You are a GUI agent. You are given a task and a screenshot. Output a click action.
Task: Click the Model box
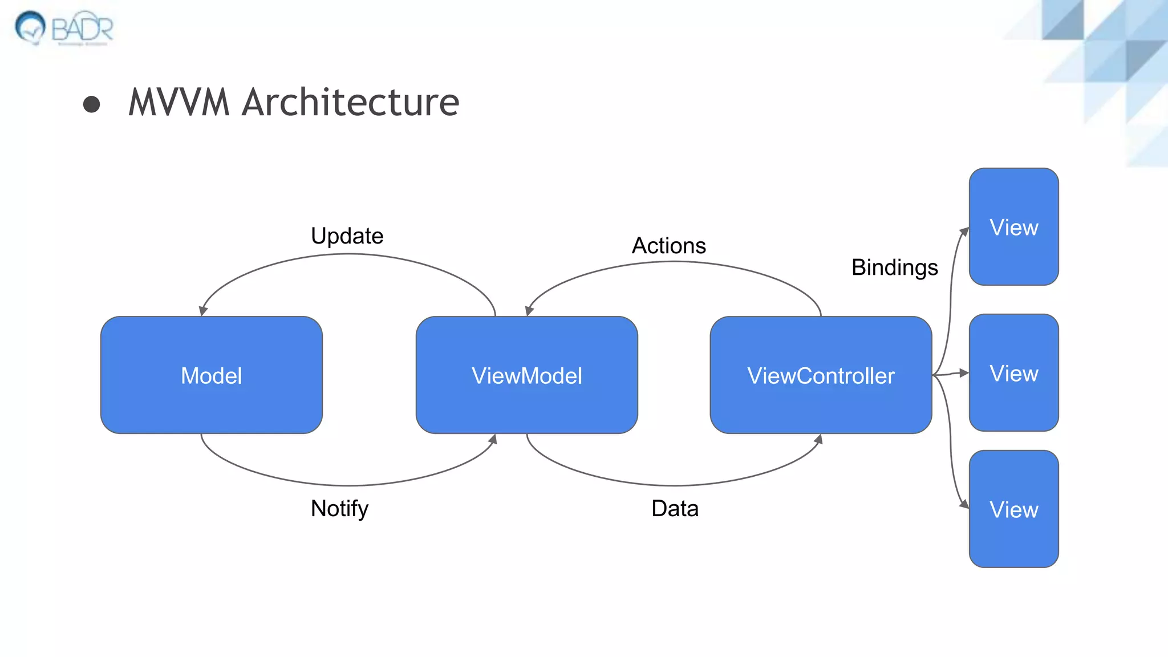(x=211, y=375)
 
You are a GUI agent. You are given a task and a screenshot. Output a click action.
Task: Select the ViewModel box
(x=526, y=375)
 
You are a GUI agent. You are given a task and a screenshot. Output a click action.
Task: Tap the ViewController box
(x=821, y=375)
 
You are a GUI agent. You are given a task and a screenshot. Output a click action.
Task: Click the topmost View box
(x=1013, y=227)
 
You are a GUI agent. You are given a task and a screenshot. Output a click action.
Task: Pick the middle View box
(x=1013, y=373)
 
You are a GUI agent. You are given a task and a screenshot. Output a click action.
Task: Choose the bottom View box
(x=1013, y=509)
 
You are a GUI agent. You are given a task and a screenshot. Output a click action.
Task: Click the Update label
(x=347, y=236)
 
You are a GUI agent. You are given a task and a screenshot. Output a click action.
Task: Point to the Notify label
(x=339, y=508)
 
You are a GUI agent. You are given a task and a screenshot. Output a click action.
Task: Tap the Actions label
(x=668, y=246)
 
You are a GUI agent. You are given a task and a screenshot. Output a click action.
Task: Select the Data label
(x=675, y=508)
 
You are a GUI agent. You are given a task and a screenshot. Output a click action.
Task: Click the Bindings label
(x=894, y=267)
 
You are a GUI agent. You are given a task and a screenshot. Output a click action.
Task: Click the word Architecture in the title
(x=350, y=103)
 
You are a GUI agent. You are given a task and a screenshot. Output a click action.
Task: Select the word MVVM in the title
(x=179, y=103)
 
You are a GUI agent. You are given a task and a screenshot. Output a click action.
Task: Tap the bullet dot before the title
(x=91, y=104)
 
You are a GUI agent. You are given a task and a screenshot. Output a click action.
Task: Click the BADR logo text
(x=83, y=29)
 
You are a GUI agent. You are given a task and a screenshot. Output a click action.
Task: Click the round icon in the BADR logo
(x=30, y=26)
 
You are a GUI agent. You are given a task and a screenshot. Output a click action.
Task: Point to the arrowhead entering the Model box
(x=203, y=311)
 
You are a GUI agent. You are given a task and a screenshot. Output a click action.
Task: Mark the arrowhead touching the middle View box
(x=964, y=373)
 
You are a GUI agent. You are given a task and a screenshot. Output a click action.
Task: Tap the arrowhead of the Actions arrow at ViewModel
(x=529, y=311)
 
